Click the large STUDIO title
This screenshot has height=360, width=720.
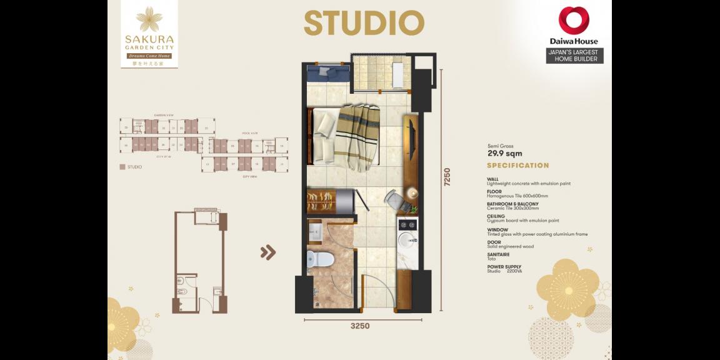364,23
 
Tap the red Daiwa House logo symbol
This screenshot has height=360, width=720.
574,20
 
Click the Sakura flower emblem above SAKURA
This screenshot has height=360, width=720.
149,19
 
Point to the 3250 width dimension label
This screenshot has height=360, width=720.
359,326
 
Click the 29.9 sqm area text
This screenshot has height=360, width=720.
504,154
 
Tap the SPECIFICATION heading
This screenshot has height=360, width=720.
517,166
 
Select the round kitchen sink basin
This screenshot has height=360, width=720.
406,239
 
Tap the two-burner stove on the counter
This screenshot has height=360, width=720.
407,223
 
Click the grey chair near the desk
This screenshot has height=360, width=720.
394,200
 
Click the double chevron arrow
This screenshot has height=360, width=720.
268,252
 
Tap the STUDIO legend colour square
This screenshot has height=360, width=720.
122,167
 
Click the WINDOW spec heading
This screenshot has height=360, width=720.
497,230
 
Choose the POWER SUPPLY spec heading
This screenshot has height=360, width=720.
504,267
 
